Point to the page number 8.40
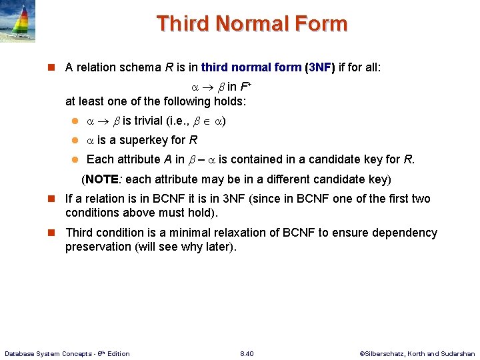click(x=247, y=353)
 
